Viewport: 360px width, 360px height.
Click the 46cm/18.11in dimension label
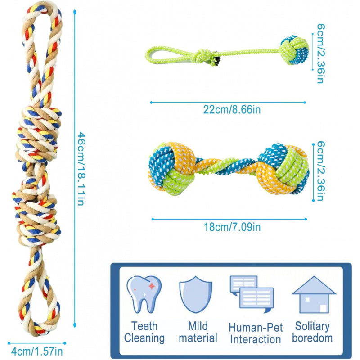pos(82,168)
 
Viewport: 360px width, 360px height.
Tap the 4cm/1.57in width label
pos(37,351)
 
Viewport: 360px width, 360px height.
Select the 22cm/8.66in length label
pos(232,109)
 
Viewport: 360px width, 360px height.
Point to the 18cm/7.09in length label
pos(232,227)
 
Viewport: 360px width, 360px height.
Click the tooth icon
pos(144,294)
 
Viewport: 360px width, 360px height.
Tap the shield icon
pos(196,295)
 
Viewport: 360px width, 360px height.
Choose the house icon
pos(314,295)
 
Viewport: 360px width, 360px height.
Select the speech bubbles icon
pos(252,294)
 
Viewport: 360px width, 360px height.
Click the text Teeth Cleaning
pos(144,332)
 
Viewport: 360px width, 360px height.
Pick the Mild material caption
pos(198,332)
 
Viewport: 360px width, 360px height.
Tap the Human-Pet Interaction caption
pos(256,333)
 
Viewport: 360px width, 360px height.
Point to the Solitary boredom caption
pos(312,332)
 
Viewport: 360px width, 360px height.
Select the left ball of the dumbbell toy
pos(172,168)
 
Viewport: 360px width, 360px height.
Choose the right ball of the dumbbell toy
pos(283,169)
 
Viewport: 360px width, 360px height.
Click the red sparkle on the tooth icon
pos(152,286)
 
